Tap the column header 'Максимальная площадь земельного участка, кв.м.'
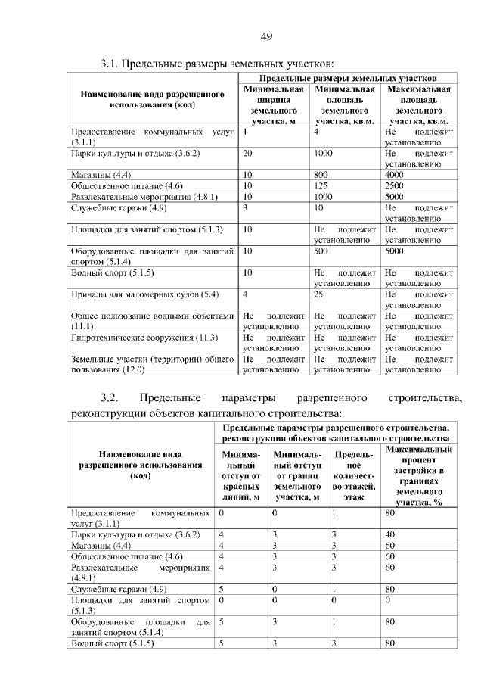pyautogui.click(x=418, y=104)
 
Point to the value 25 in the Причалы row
pyautogui.click(x=320, y=294)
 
